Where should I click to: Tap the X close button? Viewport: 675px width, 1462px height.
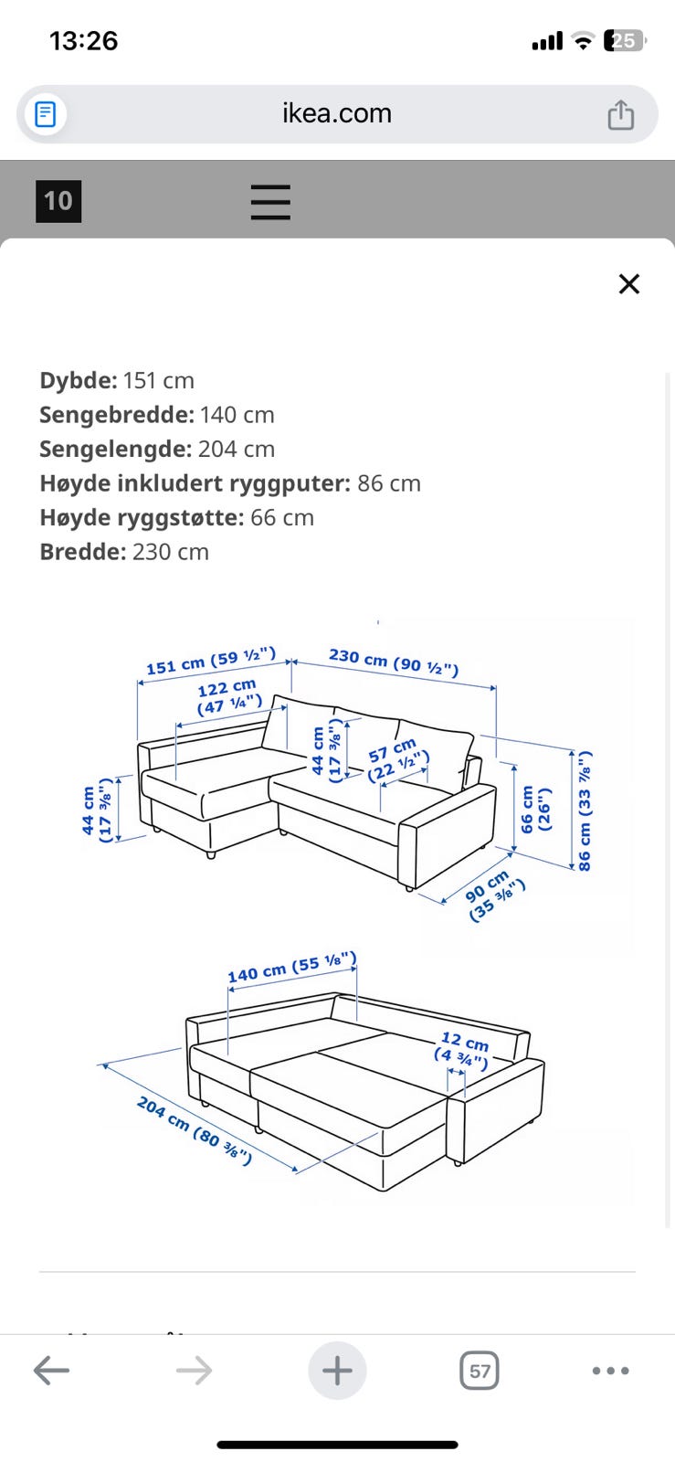[x=629, y=284]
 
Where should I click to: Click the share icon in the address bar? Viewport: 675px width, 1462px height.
[x=621, y=115]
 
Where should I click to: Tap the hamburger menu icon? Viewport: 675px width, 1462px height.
[x=270, y=202]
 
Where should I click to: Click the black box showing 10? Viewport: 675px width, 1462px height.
[x=58, y=201]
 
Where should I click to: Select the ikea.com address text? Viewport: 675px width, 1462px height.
[x=337, y=113]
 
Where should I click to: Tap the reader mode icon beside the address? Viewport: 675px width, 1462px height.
[x=46, y=114]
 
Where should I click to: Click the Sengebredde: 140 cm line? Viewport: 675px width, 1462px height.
[x=157, y=415]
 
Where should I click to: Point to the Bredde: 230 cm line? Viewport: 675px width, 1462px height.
[x=124, y=552]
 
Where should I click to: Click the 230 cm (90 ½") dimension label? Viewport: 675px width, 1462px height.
[x=394, y=662]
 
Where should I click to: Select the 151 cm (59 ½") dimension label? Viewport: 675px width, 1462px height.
[x=211, y=662]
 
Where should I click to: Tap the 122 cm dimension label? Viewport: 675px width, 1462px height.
[x=228, y=695]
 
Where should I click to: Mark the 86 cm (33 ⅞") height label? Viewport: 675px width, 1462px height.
[x=585, y=810]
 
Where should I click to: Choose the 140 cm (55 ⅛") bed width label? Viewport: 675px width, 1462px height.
[x=291, y=967]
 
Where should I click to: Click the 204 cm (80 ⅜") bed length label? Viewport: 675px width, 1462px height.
[x=194, y=1130]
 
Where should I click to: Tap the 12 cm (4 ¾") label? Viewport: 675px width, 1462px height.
[x=462, y=1050]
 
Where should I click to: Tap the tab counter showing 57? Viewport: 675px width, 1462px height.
[x=480, y=1371]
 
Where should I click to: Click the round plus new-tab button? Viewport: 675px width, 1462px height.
[x=337, y=1371]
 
